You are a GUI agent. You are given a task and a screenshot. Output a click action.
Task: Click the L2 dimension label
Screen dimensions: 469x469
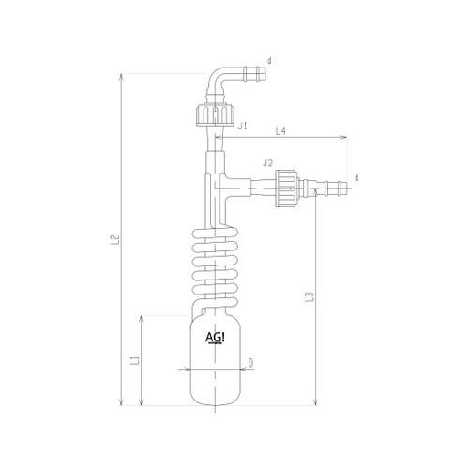pos(116,239)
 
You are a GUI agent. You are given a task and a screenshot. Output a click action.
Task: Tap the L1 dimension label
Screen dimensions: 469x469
pos(135,360)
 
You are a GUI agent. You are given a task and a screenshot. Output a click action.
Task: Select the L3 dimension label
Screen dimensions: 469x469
pos(310,296)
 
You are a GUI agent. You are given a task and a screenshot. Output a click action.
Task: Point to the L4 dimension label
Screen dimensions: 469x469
pos(280,131)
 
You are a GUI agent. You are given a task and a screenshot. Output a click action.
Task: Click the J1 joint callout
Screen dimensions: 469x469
pos(242,126)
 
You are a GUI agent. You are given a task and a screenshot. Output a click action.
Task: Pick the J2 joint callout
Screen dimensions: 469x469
pos(267,162)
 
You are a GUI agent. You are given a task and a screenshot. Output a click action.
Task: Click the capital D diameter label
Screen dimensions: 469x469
pos(250,363)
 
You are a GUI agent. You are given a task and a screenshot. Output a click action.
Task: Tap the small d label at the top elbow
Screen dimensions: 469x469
pos(269,61)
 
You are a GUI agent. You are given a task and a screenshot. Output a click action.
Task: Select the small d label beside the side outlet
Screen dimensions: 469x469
pos(356,178)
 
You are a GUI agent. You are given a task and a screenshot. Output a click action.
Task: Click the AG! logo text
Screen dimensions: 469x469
pos(215,338)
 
